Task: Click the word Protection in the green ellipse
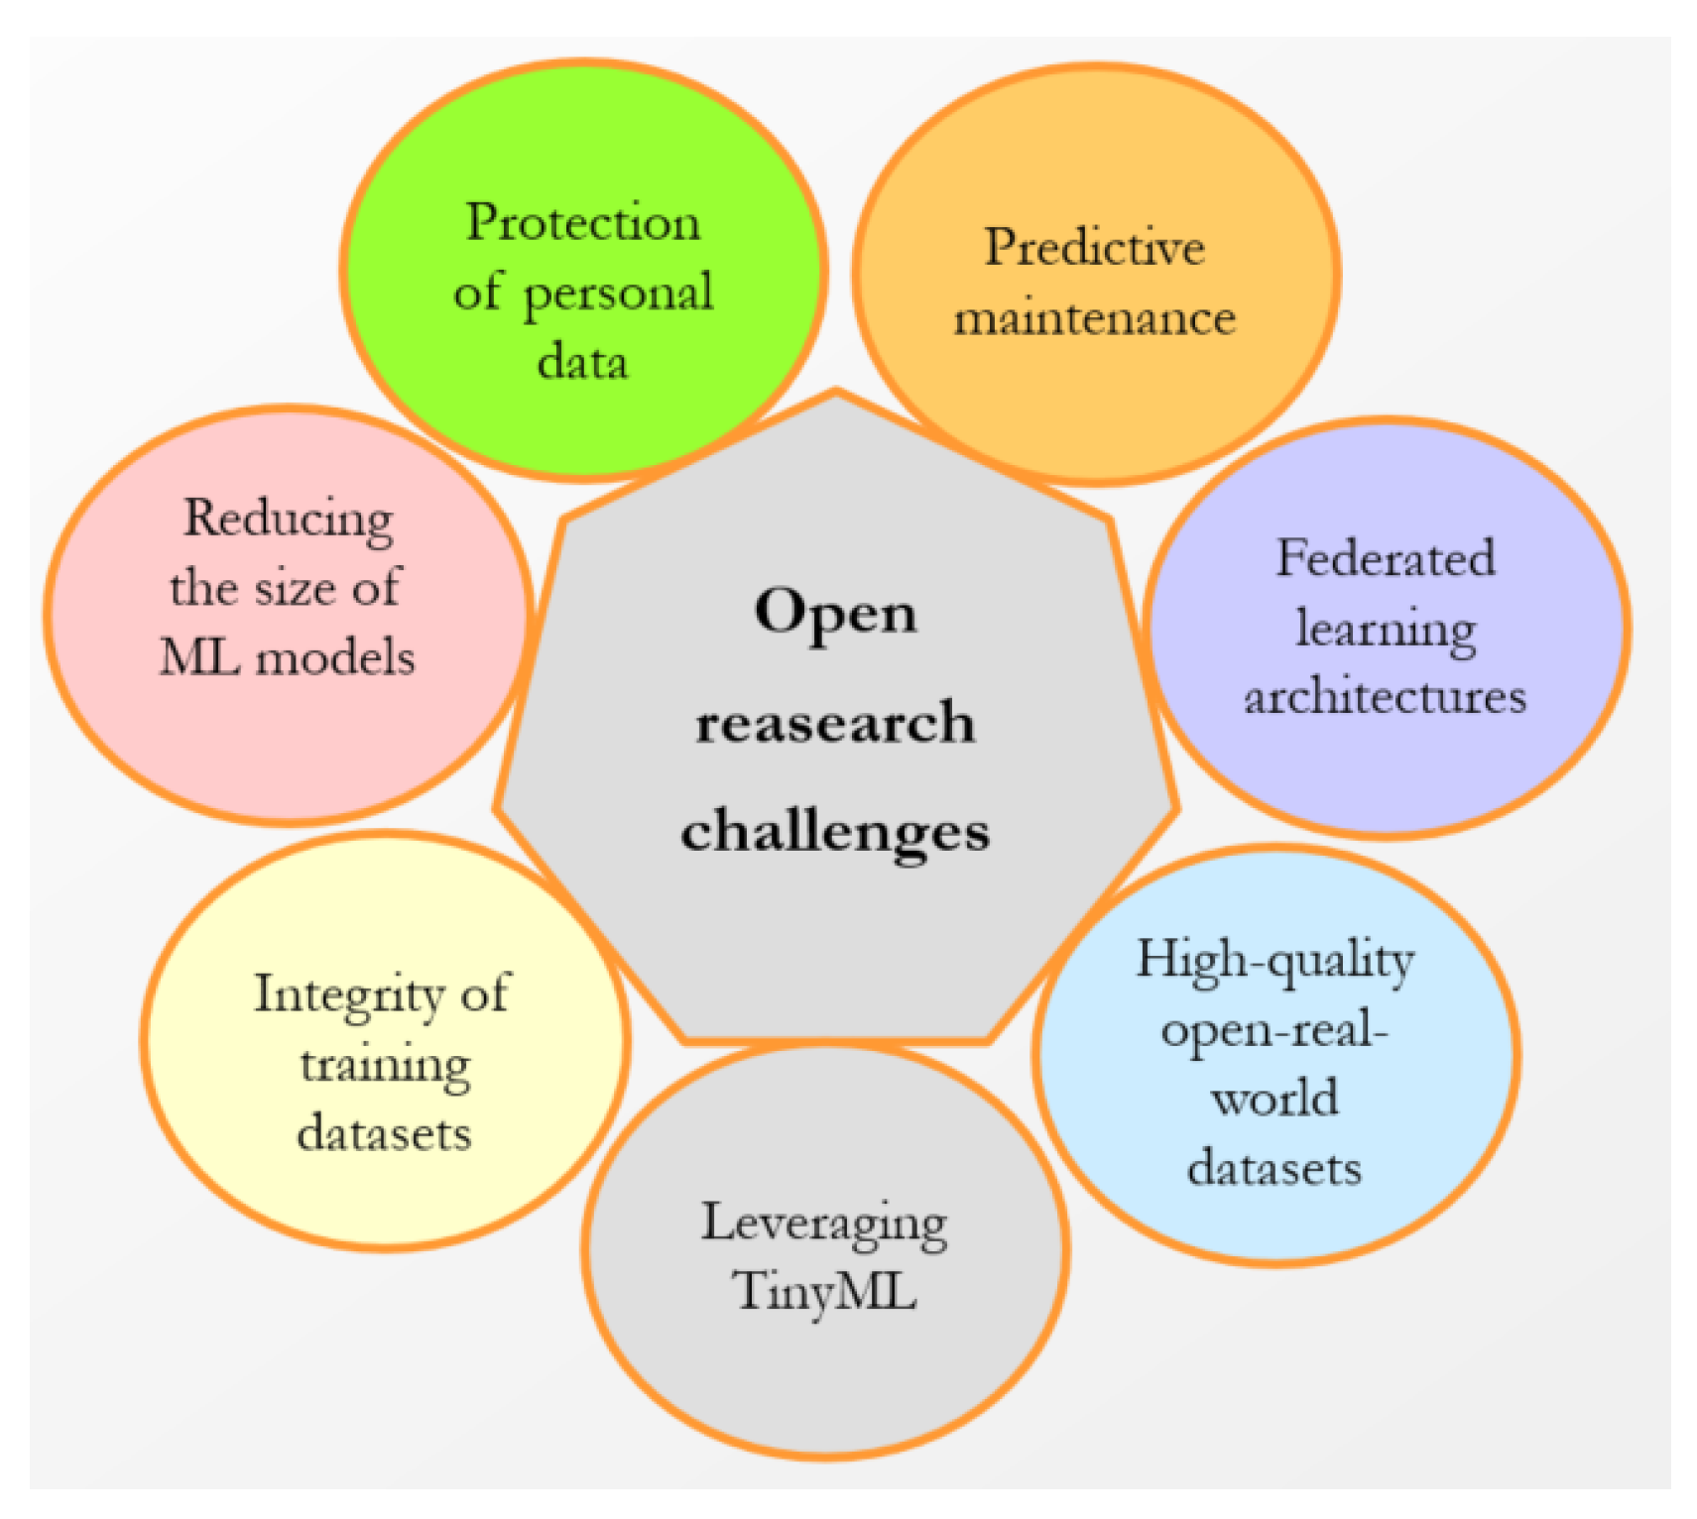pos(582,222)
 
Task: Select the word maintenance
pos(1094,318)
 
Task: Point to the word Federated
pos(1385,557)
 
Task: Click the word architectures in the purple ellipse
pos(1385,696)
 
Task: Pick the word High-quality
pos(1274,961)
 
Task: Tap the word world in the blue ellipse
pos(1274,1099)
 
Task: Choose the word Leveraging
pos(824,1225)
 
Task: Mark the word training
pos(385,1065)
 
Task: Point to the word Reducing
pos(289,519)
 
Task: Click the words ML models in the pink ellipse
pos(287,657)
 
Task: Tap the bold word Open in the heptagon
pos(835,613)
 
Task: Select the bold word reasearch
pos(835,722)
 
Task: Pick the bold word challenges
pos(835,831)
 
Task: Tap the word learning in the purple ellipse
pos(1385,629)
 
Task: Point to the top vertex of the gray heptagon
pos(836,392)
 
